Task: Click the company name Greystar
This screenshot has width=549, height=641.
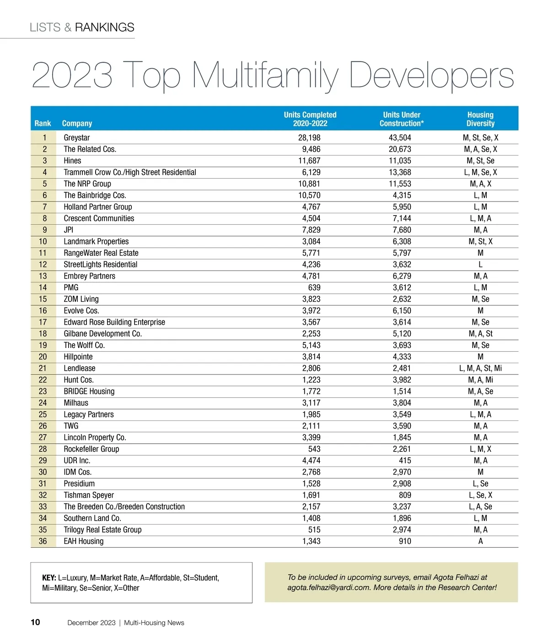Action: tap(77, 138)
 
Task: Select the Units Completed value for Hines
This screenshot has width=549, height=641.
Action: tap(309, 161)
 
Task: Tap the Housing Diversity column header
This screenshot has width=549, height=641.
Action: tap(480, 119)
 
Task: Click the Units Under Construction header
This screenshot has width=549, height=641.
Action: tap(402, 119)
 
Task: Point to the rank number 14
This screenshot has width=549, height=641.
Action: tap(43, 288)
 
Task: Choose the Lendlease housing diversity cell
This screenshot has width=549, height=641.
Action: tap(480, 368)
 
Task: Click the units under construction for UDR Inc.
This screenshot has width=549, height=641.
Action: tap(405, 461)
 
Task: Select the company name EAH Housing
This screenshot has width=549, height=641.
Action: tap(84, 541)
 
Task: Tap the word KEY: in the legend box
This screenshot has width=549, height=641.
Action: tap(49, 578)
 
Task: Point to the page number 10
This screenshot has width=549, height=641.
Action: tap(35, 622)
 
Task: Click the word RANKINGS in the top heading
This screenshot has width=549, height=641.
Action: tap(104, 27)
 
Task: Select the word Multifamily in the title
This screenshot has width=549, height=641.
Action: tap(265, 76)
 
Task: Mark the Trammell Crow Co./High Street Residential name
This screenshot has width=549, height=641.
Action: tap(130, 172)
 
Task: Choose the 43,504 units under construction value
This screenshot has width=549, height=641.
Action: tap(400, 138)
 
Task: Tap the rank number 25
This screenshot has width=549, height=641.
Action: tap(43, 414)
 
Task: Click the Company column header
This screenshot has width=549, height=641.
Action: tap(77, 124)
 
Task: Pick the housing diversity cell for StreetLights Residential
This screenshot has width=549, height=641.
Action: tap(480, 265)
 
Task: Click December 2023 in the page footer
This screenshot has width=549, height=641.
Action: tap(91, 623)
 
